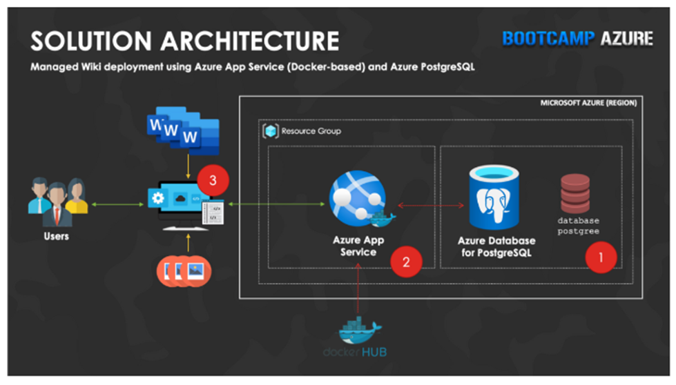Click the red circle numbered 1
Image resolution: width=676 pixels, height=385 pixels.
(x=600, y=258)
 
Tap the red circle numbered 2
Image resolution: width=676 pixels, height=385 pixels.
(x=406, y=261)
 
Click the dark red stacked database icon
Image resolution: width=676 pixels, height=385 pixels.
(x=575, y=193)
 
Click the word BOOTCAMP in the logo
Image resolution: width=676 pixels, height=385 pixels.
(x=547, y=39)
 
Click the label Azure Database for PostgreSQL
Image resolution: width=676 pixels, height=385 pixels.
(x=496, y=246)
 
